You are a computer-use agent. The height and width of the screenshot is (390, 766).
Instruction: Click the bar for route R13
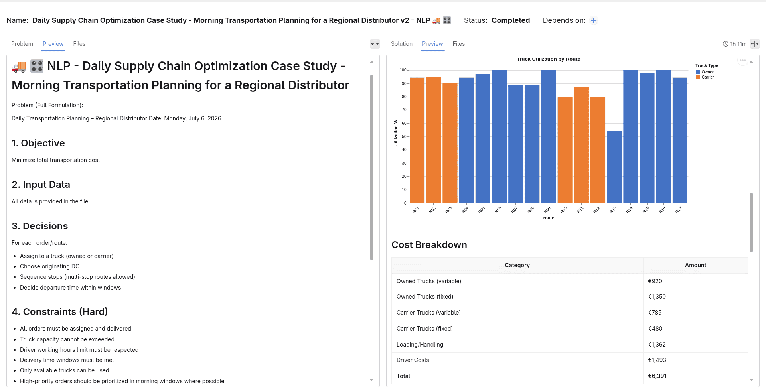614,167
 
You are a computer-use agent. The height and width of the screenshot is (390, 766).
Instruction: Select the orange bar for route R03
450,143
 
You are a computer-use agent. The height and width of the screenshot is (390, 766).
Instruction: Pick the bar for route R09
549,137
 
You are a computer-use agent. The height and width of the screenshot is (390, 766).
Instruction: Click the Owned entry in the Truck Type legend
705,72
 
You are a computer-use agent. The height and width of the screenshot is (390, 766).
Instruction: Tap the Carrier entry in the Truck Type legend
705,77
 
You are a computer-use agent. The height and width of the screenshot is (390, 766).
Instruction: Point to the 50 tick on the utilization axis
404,137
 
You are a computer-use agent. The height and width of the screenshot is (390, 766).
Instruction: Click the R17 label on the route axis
678,210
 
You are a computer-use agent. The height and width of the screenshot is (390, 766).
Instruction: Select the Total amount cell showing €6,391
657,376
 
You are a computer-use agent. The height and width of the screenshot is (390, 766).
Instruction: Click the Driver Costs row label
413,360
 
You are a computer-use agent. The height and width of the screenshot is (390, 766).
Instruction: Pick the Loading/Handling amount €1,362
657,345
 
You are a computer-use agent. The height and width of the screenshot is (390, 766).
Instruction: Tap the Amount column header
695,265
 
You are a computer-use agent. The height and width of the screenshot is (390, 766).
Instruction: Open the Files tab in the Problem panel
79,44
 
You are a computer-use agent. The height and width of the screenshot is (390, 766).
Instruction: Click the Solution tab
402,44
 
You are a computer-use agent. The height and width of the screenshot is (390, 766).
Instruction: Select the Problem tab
22,44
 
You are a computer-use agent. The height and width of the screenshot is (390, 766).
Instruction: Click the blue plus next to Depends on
594,20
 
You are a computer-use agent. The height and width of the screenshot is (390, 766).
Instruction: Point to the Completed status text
511,20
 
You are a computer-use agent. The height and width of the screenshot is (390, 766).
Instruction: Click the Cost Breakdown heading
429,245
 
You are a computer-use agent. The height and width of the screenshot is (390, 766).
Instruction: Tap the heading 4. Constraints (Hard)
60,312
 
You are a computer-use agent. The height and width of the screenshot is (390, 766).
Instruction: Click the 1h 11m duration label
738,44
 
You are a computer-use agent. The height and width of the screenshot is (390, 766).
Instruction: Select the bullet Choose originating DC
49,266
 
